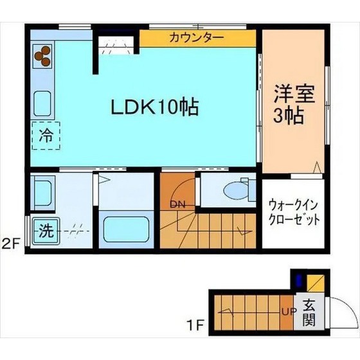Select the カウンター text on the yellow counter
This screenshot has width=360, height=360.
[197, 37]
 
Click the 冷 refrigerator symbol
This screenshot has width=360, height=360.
[46, 136]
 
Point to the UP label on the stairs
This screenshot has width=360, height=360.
[287, 313]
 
